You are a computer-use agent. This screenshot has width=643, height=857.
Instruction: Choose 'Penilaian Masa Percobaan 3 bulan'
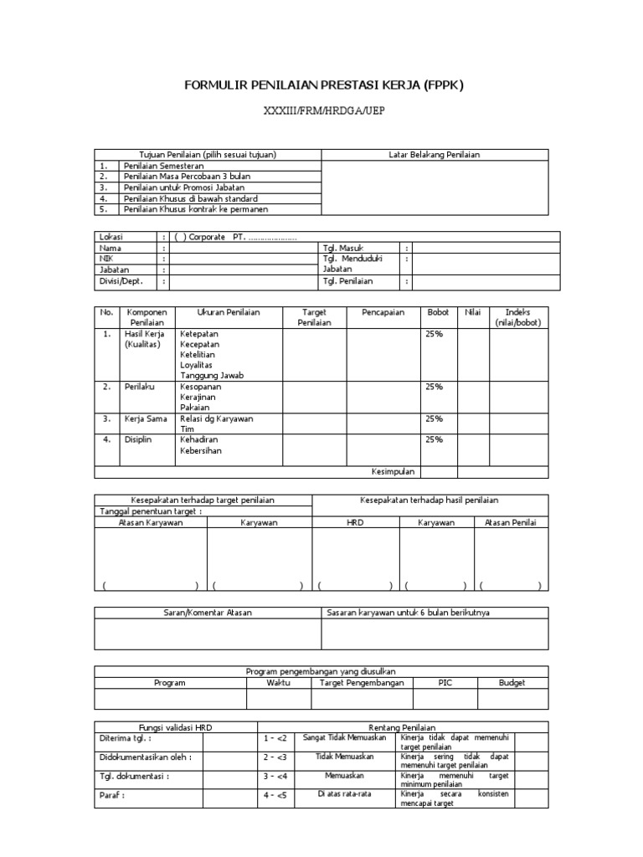187,177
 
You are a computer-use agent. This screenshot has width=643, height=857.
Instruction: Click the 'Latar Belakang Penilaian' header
435,155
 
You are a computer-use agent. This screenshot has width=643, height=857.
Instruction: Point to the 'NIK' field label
107,259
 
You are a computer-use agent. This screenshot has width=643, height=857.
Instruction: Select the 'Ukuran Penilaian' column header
228,312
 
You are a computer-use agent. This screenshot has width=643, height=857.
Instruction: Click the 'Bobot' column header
438,312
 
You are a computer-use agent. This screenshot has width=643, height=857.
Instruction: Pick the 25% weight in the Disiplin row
434,439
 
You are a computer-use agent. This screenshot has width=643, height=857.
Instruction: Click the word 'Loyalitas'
198,366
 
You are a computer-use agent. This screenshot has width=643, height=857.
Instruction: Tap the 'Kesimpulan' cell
394,471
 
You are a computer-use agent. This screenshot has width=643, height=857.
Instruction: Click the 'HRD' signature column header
355,522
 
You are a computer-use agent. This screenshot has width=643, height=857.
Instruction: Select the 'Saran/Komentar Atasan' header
207,613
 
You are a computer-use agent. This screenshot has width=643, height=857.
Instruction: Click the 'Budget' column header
512,683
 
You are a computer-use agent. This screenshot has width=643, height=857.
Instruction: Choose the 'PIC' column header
445,683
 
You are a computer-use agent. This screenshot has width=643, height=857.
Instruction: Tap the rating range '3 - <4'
275,776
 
